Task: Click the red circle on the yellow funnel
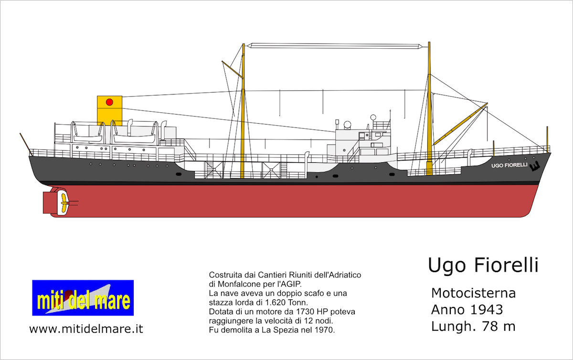[x=109, y=102]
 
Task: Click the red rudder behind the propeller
[x=49, y=202]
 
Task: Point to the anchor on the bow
[x=535, y=166]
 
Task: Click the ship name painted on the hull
[x=509, y=165]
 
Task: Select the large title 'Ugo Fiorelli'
[x=483, y=265]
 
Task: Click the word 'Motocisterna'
[x=473, y=293]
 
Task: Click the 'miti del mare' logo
[x=83, y=297]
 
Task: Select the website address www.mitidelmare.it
[x=86, y=329]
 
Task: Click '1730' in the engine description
[x=305, y=312]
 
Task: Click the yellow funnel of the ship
[x=109, y=111]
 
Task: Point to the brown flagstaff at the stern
[x=26, y=144]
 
